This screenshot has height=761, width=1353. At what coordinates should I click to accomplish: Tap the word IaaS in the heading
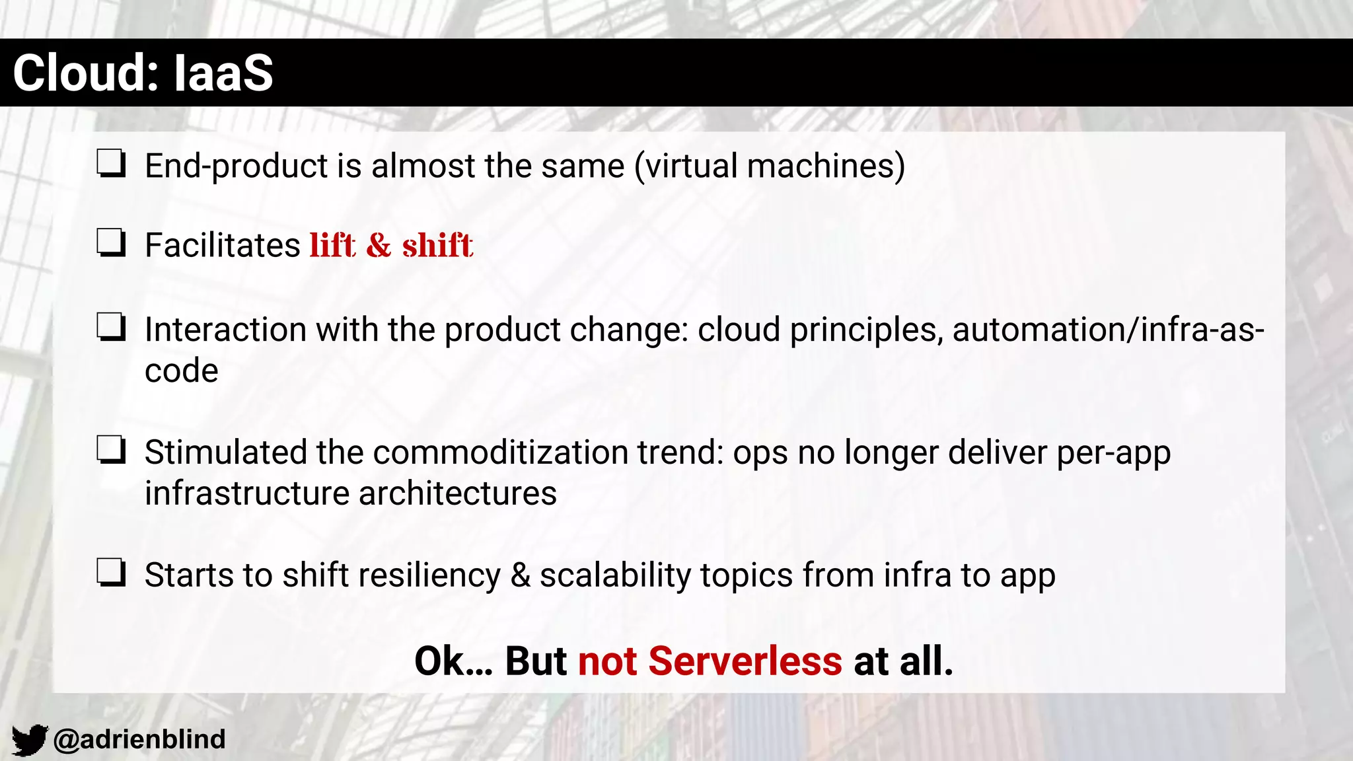coord(223,73)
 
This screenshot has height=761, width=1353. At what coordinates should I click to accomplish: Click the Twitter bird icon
coord(29,739)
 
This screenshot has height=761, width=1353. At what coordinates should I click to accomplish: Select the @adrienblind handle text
coord(139,739)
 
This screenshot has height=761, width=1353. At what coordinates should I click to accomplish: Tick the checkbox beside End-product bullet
coord(111,164)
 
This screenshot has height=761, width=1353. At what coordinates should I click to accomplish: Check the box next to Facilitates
coord(111,243)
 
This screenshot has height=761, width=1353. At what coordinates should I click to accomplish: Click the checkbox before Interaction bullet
coord(111,327)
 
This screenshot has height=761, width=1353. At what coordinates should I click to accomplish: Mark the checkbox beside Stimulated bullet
coord(111,451)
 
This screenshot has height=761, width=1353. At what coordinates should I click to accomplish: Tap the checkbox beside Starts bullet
coord(111,573)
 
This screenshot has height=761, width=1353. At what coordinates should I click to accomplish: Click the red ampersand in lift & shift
coord(379,245)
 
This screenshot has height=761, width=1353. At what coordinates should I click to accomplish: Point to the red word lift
coord(333,245)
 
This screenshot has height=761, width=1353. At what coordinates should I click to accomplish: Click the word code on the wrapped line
coord(181,371)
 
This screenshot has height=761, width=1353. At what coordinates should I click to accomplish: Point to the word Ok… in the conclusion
coord(453,661)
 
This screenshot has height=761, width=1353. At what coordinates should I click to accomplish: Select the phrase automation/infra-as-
coord(1108,330)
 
